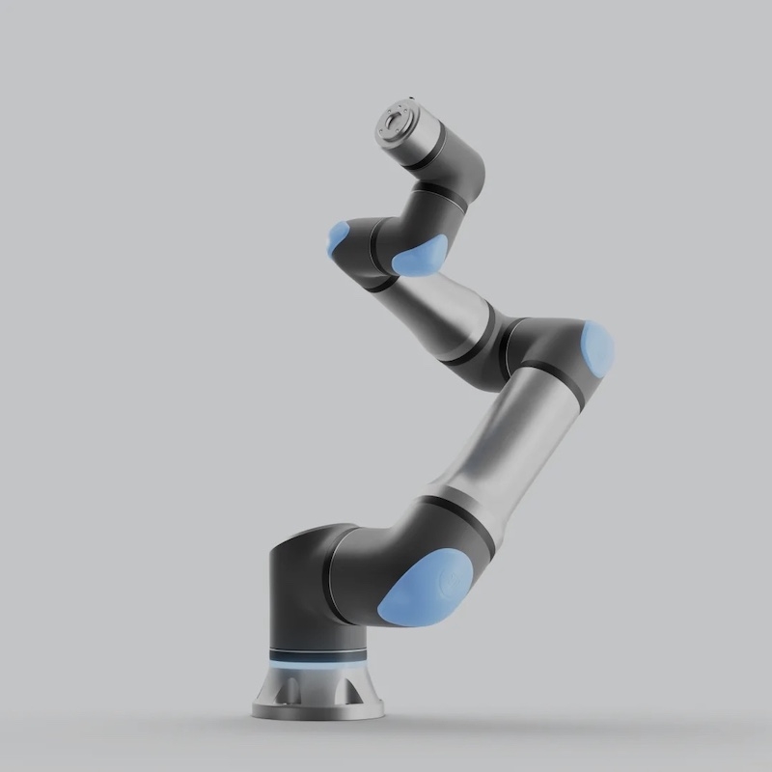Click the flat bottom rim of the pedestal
(x=317, y=713)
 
